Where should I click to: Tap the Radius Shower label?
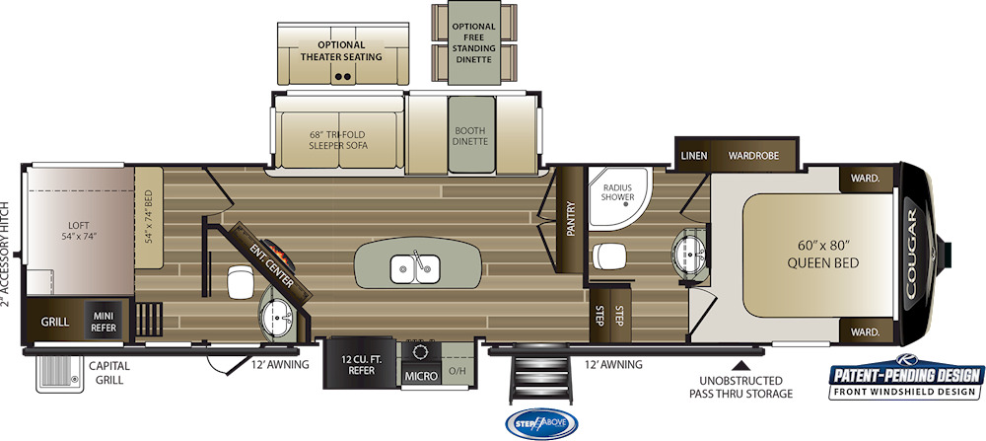pos(617,191)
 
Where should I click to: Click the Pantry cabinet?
pos(570,219)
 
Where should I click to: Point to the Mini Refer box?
pos(104,322)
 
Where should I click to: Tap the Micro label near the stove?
pos(421,376)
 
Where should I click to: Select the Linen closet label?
pos(694,155)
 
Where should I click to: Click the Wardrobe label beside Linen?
pos(753,155)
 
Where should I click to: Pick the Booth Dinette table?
pos(471,134)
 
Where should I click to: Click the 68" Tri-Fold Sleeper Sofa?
pos(338,140)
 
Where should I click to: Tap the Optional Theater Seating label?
pos(341,51)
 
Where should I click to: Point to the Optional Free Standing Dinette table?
pos(473,42)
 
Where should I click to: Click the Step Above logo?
pos(541,424)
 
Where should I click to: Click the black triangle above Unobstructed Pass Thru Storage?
pos(742,364)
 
